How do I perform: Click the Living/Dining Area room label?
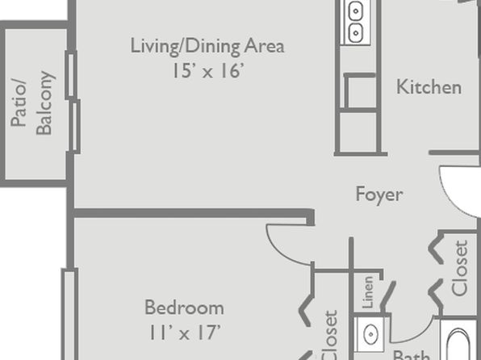tap(207, 47)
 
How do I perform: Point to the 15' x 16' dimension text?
tap(208, 70)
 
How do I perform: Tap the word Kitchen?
tap(429, 87)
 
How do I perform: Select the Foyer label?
tap(379, 195)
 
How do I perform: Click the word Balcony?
tap(44, 103)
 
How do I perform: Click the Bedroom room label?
tap(184, 308)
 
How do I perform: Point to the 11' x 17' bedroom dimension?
tap(185, 333)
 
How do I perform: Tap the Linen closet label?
tap(368, 292)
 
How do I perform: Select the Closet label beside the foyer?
tap(460, 268)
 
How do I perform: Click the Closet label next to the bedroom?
tap(330, 335)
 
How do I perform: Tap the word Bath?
tap(411, 355)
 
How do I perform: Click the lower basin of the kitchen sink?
tap(356, 32)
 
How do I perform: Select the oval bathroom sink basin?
tap(370, 334)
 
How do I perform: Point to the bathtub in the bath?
tap(458, 343)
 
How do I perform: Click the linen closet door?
tap(387, 296)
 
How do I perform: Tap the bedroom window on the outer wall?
tap(69, 314)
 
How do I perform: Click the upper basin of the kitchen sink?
tap(356, 11)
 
